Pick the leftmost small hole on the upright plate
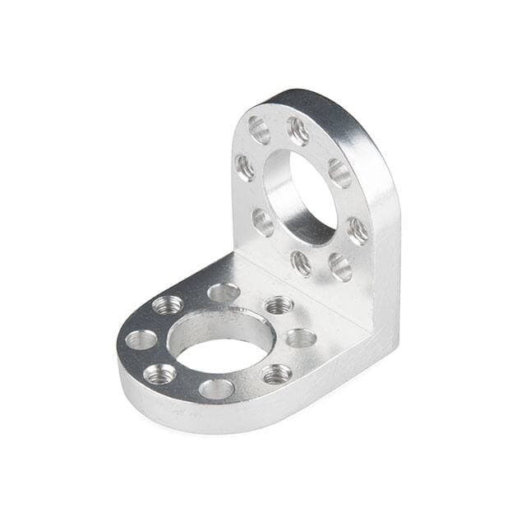(245, 167)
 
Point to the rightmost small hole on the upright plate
(358, 230)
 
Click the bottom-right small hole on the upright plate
(339, 265)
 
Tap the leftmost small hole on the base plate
(141, 339)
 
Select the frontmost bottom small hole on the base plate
(216, 389)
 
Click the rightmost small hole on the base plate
(301, 338)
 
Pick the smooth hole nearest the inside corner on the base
(224, 292)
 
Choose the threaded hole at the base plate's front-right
(277, 374)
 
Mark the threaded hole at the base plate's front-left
(159, 374)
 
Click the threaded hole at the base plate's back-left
(168, 305)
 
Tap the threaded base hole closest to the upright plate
(279, 305)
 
